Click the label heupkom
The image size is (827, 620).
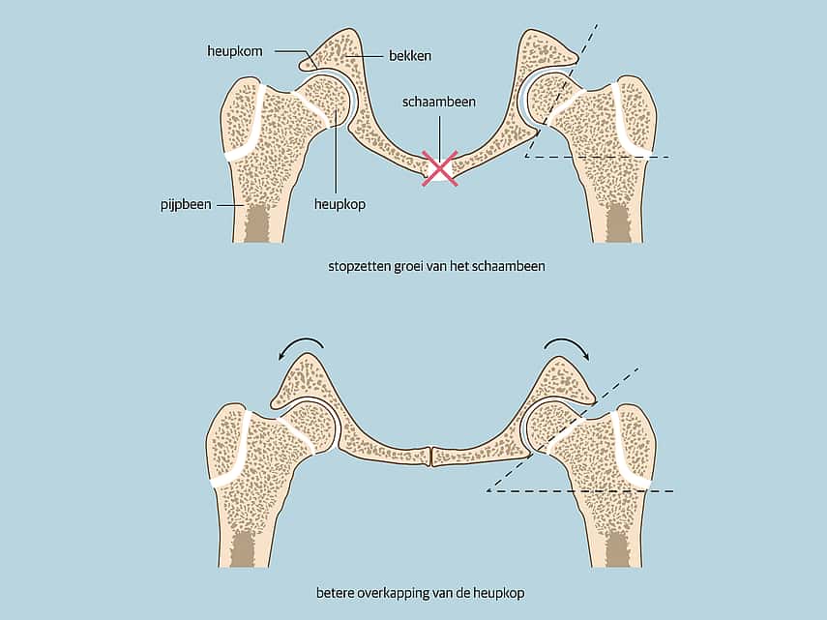[x=235, y=51]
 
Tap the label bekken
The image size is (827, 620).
[x=410, y=56]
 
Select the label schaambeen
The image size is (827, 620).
[x=439, y=102]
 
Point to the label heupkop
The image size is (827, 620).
[x=340, y=204]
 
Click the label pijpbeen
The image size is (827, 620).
[x=186, y=204]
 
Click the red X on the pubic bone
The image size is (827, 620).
[x=439, y=168]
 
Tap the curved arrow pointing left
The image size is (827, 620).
[x=300, y=347]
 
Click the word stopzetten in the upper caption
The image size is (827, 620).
[x=359, y=266]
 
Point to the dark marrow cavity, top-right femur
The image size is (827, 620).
[x=619, y=223]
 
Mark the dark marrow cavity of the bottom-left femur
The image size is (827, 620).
[x=245, y=548]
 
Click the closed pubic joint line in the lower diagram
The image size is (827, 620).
[x=432, y=456]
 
